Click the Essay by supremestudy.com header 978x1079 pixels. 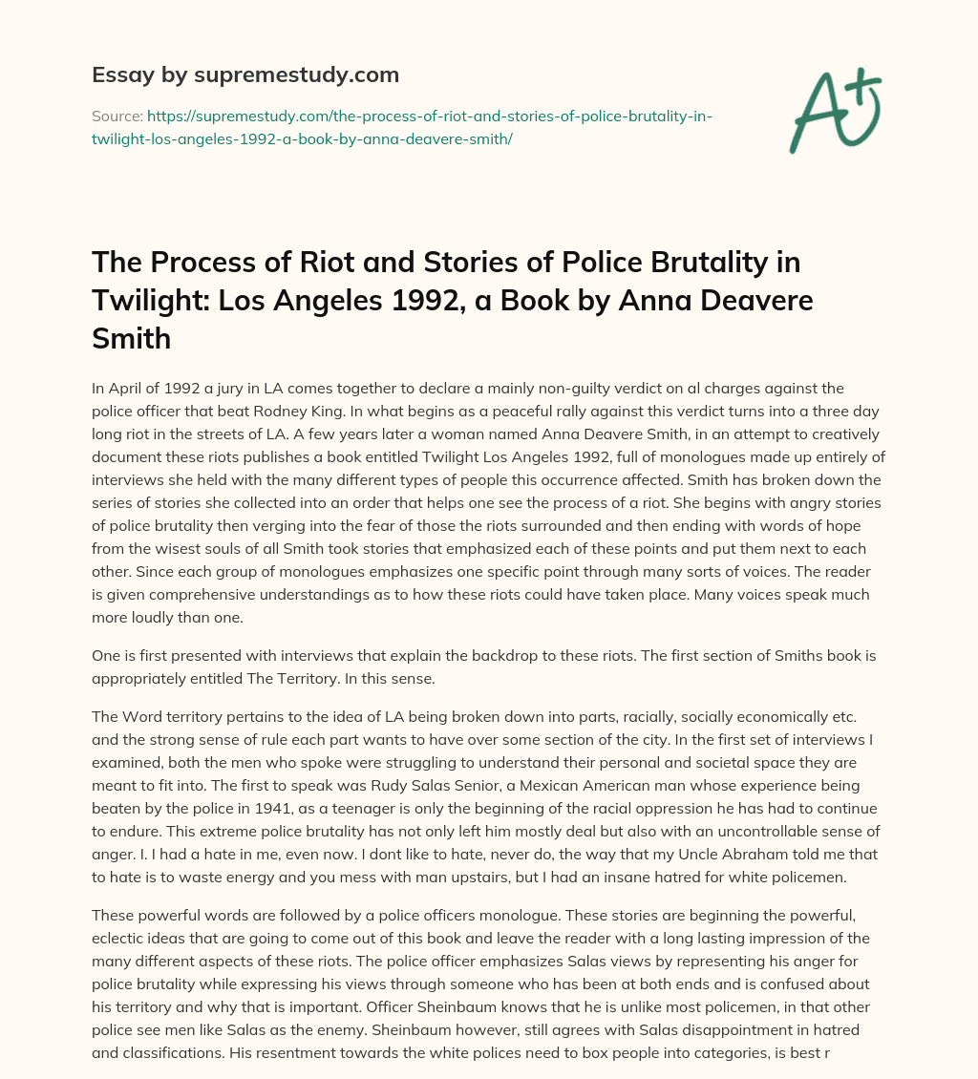pyautogui.click(x=244, y=74)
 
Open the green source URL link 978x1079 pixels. pyautogui.click(x=402, y=127)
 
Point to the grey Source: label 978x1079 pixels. pyautogui.click(x=117, y=116)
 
